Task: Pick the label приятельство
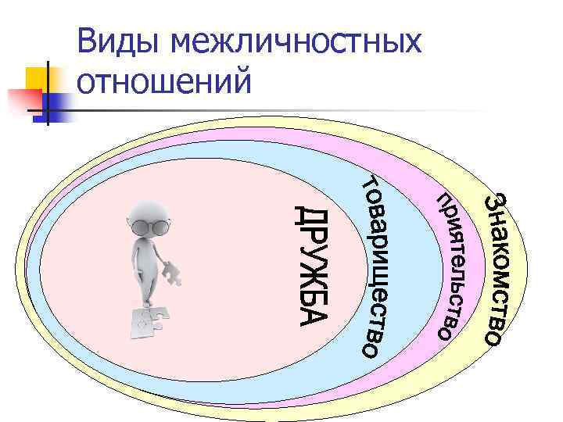pyautogui.click(x=446, y=266)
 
